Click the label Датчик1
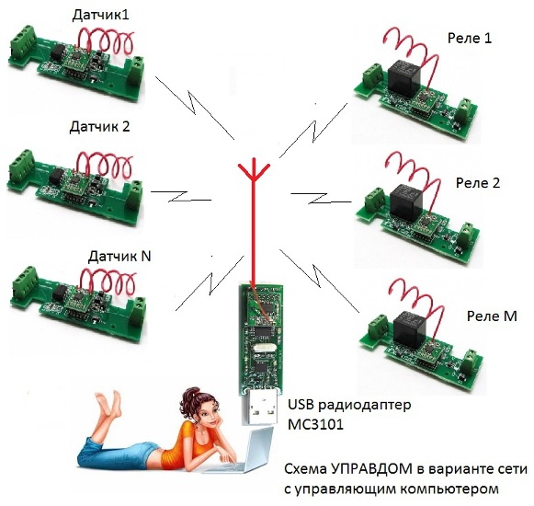tap(101, 16)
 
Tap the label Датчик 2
tap(100, 127)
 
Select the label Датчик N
tap(119, 256)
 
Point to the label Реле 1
tap(470, 39)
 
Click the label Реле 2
tap(478, 183)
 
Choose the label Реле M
tap(492, 316)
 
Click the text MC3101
tap(315, 424)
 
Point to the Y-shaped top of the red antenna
tap(254, 172)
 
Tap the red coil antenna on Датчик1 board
tap(106, 41)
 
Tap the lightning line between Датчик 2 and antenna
tap(181, 196)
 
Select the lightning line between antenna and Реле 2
tap(321, 198)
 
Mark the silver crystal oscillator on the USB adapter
tap(262, 348)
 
